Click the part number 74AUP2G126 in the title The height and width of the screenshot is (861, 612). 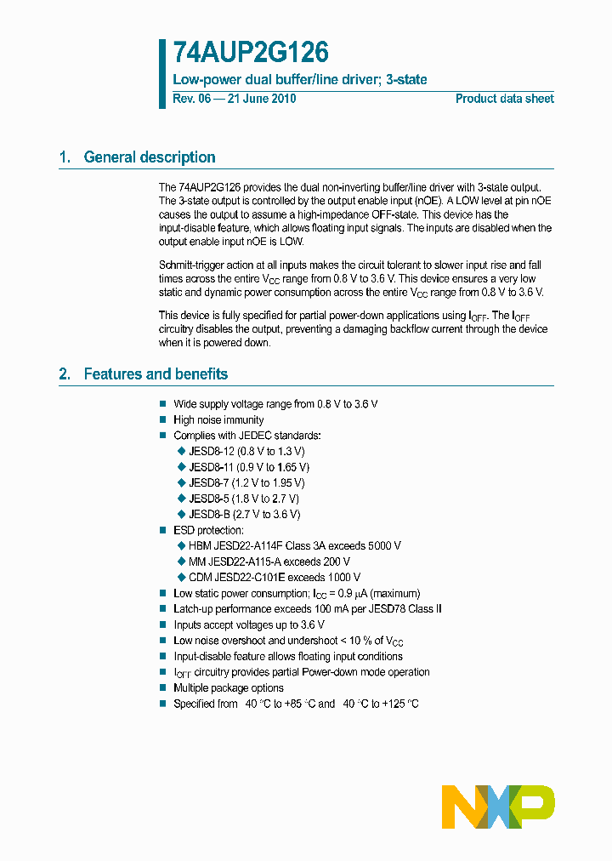point(250,54)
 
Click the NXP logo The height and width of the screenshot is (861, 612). point(497,806)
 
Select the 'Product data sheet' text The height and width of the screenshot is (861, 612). point(504,99)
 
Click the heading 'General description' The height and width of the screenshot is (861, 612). point(150,157)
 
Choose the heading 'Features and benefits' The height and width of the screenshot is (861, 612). point(156,374)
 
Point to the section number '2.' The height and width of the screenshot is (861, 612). point(65,374)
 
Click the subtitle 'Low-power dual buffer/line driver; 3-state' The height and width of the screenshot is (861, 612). point(300,79)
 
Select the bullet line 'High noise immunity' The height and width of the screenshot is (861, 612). point(218,420)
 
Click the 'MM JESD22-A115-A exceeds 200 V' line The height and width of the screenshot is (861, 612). point(269,562)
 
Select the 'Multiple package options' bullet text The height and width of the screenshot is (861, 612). point(229,688)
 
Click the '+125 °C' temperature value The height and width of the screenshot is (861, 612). point(396,704)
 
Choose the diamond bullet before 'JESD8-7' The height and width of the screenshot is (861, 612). point(180,483)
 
